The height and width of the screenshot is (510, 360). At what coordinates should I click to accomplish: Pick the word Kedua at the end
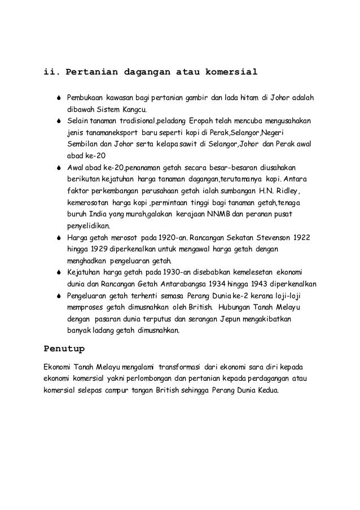pos(266,390)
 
